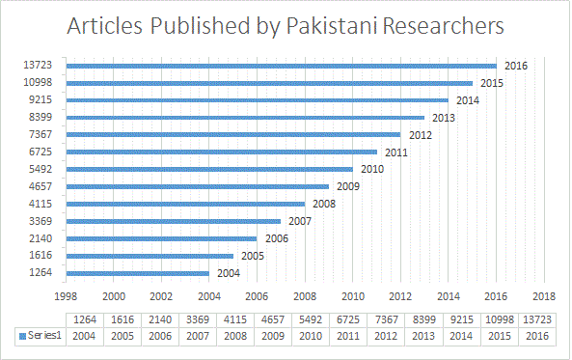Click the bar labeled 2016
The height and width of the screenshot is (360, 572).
click(280, 66)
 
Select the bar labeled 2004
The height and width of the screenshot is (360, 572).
click(138, 273)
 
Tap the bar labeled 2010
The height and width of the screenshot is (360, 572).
click(208, 169)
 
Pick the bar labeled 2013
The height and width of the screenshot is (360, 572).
click(245, 118)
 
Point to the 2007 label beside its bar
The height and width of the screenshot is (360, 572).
click(300, 221)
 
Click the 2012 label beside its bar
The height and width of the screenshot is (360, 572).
click(420, 135)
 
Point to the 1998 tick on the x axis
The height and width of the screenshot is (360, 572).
click(67, 296)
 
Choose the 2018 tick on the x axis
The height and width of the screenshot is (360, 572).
click(544, 296)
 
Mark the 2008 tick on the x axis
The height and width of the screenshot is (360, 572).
click(305, 296)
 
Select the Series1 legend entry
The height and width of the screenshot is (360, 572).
click(41, 335)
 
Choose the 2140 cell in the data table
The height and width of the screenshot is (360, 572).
click(160, 319)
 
